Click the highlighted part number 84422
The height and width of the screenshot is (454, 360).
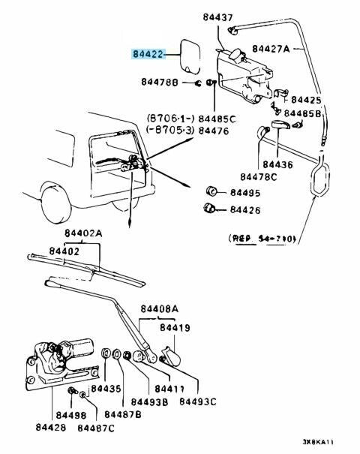(153, 55)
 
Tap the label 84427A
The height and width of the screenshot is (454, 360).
(271, 49)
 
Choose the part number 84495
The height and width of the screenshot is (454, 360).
(246, 192)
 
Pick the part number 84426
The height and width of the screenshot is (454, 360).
(246, 210)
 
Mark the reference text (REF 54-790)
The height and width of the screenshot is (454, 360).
(262, 239)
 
